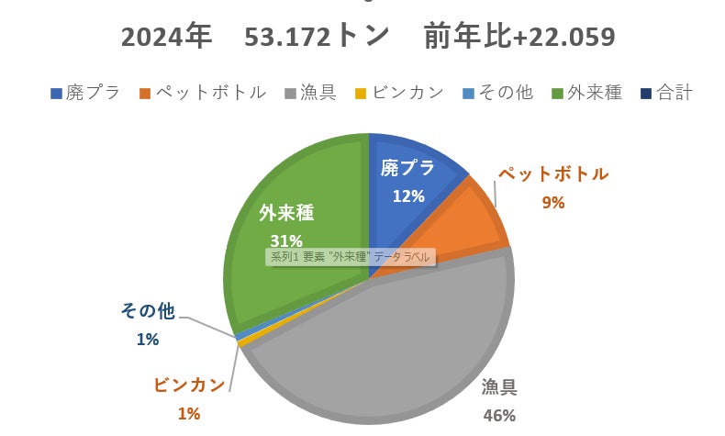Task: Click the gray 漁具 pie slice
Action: tap(395, 349)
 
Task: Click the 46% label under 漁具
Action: tap(498, 415)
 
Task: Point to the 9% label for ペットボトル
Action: tap(552, 203)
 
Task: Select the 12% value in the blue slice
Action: tap(407, 196)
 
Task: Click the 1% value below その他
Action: tap(148, 339)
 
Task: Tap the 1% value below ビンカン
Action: tap(188, 413)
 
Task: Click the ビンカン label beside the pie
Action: tap(189, 386)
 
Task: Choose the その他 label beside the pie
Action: tap(148, 311)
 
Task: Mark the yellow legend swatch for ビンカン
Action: tap(361, 93)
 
